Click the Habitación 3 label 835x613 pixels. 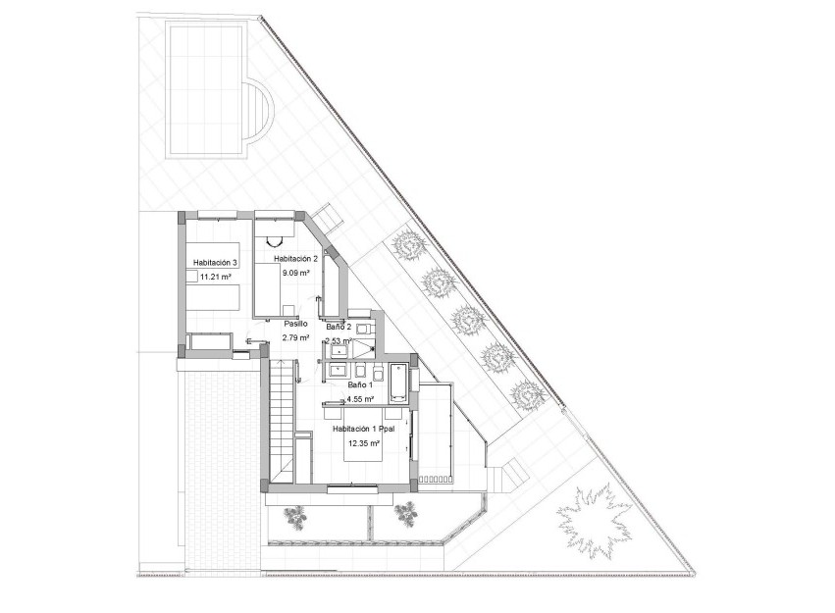click(x=216, y=263)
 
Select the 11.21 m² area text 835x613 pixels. click(x=215, y=278)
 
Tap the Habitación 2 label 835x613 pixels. click(x=296, y=258)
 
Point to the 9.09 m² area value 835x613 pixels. click(x=295, y=274)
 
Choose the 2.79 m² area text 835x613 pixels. click(x=295, y=337)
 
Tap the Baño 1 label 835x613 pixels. click(x=361, y=385)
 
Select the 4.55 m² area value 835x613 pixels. click(x=361, y=400)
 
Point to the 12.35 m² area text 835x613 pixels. click(x=363, y=444)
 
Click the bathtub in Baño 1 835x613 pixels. click(x=397, y=383)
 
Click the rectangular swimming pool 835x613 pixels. click(x=207, y=90)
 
